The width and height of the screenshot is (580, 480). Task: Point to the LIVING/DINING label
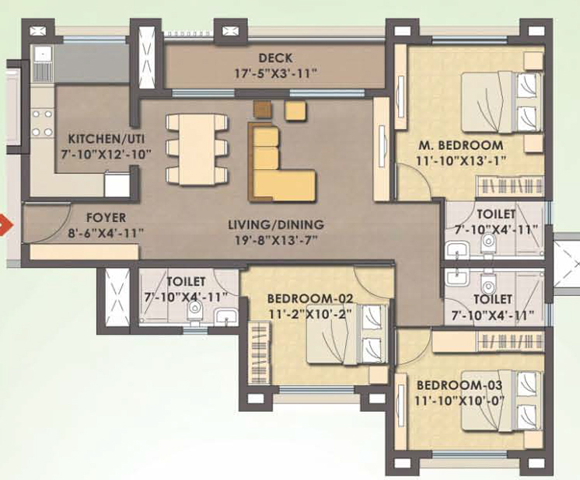[275, 224]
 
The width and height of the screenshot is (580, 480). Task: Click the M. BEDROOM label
[459, 145]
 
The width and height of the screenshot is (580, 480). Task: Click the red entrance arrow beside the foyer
[5, 227]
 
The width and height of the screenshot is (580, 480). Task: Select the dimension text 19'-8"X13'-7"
[275, 240]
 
